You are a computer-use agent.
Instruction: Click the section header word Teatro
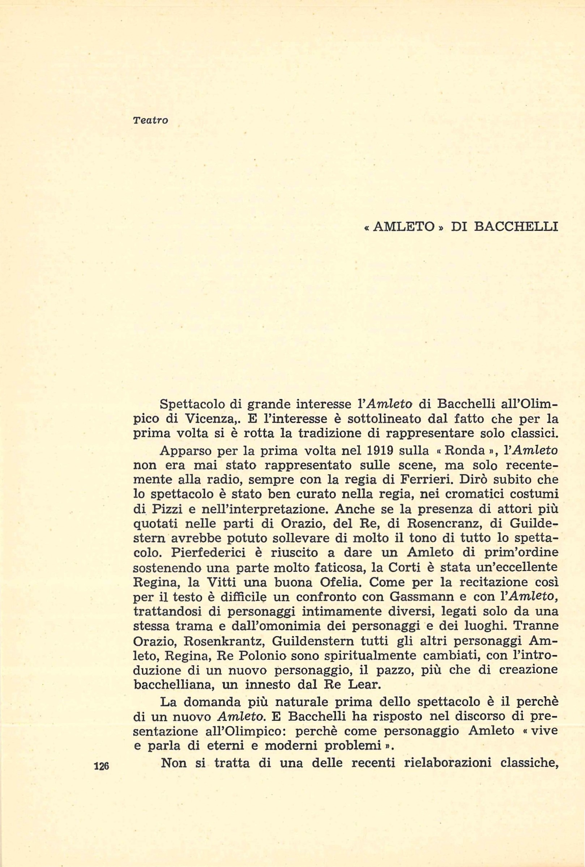(151, 120)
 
